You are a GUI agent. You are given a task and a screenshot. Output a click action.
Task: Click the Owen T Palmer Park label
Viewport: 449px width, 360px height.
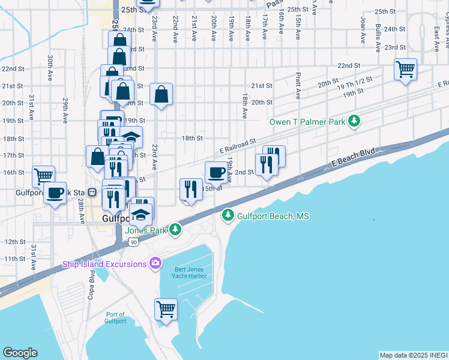coord(307,122)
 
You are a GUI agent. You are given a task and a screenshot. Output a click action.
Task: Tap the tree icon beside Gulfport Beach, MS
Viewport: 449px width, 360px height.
coord(228,215)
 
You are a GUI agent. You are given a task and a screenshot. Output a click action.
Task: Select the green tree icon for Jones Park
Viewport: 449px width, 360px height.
coord(175,229)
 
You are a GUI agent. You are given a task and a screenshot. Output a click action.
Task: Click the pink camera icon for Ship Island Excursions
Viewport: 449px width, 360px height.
coord(155,263)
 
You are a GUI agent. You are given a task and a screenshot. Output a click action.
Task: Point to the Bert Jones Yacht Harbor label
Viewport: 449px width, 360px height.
coord(191,272)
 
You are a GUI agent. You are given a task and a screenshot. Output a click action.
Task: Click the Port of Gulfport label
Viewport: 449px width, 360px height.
coord(116,317)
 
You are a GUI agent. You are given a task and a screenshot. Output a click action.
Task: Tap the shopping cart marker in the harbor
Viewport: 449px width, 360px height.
coord(166,310)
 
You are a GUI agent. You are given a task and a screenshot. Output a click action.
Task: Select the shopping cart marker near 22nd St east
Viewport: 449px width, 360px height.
coord(405,69)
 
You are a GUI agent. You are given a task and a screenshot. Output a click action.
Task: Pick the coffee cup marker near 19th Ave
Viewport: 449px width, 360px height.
coord(216,172)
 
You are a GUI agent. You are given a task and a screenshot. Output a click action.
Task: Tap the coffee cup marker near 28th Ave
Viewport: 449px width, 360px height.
coord(56,193)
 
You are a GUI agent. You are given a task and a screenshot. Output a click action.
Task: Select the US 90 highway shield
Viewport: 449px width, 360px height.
coord(133,241)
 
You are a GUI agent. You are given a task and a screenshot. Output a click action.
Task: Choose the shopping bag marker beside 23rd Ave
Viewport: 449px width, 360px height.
coord(161,94)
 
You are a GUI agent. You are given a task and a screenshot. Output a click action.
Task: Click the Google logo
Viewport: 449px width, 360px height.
coord(20,353)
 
